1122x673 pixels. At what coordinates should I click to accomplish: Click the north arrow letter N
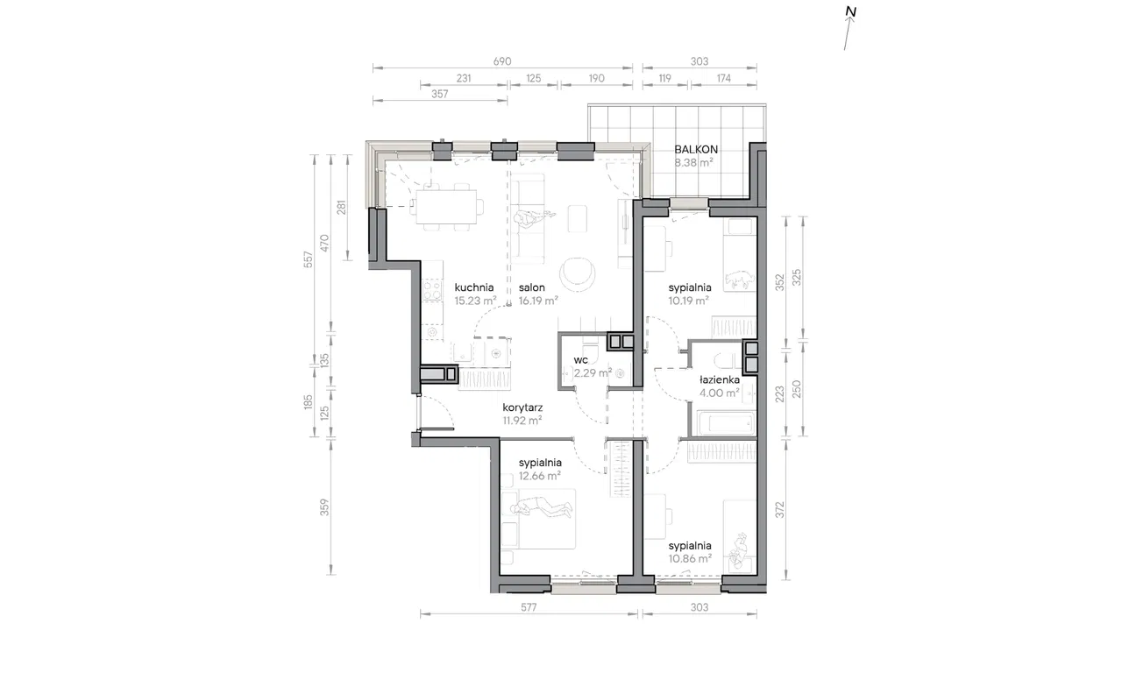[x=850, y=11]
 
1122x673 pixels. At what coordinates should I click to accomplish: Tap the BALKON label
[x=696, y=149]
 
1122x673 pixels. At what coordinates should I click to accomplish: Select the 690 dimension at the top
[x=502, y=61]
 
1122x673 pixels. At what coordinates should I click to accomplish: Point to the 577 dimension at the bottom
[x=529, y=607]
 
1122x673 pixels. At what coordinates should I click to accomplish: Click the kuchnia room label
[x=474, y=287]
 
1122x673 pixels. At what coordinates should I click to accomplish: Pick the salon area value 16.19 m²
[x=538, y=301]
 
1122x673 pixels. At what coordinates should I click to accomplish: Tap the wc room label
[x=580, y=360]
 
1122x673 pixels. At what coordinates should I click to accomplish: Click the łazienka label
[x=720, y=379]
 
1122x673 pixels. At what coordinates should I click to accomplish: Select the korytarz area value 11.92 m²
[x=522, y=421]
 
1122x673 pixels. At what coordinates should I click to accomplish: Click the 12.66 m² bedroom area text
[x=539, y=476]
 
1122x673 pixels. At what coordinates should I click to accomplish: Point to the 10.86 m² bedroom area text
[x=690, y=559]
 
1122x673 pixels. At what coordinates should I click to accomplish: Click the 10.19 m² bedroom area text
[x=689, y=301]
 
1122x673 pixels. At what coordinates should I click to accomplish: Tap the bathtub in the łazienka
[x=725, y=423]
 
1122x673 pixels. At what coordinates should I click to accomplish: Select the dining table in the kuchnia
[x=447, y=207]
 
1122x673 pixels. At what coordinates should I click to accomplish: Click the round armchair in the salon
[x=577, y=273]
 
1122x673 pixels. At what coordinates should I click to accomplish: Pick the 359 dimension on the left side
[x=324, y=507]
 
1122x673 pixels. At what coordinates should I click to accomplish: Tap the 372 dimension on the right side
[x=780, y=510]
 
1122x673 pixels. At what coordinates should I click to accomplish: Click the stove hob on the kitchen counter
[x=432, y=290]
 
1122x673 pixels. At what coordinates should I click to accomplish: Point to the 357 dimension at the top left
[x=439, y=94]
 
